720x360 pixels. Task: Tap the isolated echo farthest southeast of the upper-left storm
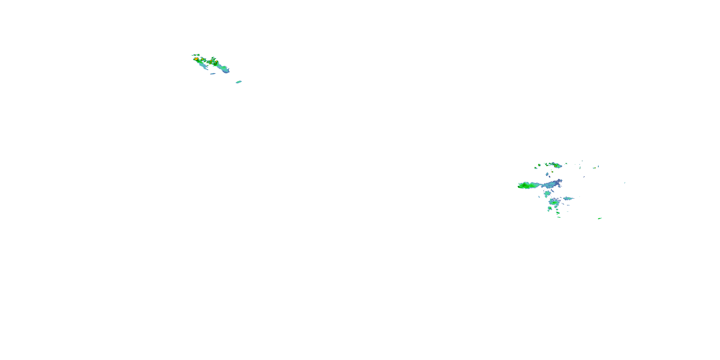click(x=238, y=82)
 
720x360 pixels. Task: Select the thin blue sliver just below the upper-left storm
click(x=213, y=74)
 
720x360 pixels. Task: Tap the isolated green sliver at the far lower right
click(x=600, y=218)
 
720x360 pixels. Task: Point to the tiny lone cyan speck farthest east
click(x=625, y=183)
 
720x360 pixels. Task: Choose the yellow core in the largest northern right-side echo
click(x=557, y=165)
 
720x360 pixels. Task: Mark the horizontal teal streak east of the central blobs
click(x=568, y=198)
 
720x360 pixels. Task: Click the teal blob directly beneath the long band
click(x=547, y=193)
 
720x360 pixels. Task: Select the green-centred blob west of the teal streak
click(x=553, y=202)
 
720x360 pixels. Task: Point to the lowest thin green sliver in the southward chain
click(x=558, y=217)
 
